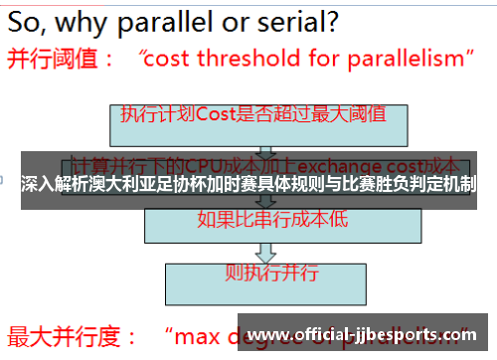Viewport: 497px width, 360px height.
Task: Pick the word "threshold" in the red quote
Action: coord(252,59)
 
